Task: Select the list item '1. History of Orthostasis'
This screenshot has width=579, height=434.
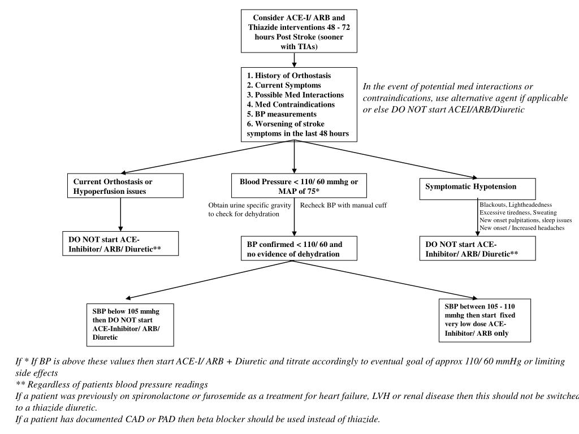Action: point(288,75)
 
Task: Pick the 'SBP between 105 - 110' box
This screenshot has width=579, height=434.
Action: point(485,319)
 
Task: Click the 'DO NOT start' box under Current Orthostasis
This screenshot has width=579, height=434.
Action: point(120,243)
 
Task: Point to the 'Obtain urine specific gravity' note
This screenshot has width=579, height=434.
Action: point(249,210)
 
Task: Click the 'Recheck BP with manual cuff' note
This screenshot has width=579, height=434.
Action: point(343,205)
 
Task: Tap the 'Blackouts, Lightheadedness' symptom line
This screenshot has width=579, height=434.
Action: point(516,205)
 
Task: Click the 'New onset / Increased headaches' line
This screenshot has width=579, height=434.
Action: point(521,227)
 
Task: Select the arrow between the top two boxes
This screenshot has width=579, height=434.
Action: point(294,60)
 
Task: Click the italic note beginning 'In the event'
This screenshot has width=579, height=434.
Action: point(465,98)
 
